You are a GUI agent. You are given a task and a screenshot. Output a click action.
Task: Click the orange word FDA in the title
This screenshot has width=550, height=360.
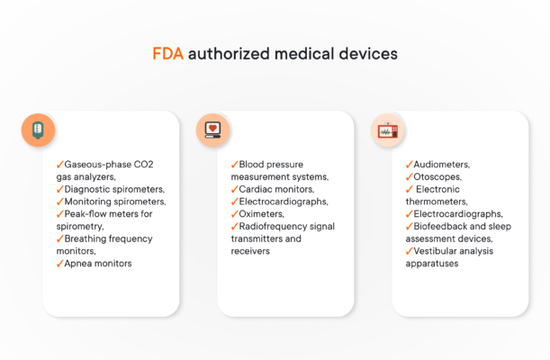click(x=167, y=54)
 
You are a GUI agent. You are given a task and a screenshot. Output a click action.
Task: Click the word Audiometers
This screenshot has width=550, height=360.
click(x=441, y=165)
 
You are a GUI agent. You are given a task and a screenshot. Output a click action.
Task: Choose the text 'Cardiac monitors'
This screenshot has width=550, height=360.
click(x=275, y=190)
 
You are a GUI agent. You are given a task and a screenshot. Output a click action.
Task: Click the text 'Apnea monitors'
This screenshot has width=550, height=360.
click(x=98, y=264)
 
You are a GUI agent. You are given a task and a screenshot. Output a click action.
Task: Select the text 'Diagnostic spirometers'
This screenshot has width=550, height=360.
click(x=114, y=190)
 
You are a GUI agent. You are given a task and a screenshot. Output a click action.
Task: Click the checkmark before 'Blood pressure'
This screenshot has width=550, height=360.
click(x=234, y=165)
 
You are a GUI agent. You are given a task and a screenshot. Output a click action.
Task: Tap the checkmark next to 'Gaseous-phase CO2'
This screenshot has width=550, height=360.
click(x=59, y=165)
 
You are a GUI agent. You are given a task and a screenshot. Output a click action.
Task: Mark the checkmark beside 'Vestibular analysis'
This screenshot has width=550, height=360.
click(x=409, y=251)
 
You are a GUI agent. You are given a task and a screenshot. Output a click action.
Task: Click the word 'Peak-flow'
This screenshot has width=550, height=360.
click(x=86, y=214)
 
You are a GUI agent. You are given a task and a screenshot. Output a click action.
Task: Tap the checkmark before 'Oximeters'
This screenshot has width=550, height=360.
click(x=234, y=214)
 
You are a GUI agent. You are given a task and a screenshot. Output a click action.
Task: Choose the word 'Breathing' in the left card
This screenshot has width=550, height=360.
click(x=88, y=238)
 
